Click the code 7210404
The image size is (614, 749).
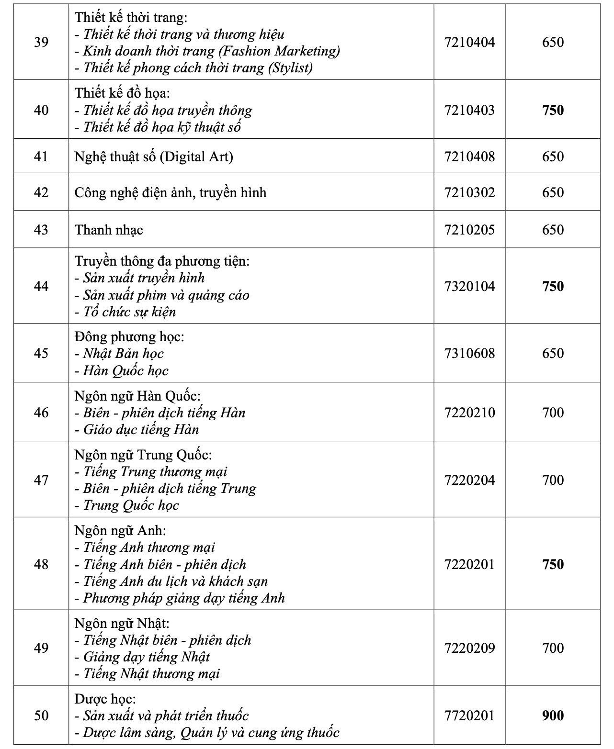[x=469, y=42]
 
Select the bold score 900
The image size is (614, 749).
[x=553, y=715]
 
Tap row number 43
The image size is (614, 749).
[x=41, y=230]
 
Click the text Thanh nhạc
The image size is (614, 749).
[x=109, y=230]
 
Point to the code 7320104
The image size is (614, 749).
[x=469, y=286]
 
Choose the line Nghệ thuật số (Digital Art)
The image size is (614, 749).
[x=154, y=157]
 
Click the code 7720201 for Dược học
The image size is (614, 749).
[x=469, y=715]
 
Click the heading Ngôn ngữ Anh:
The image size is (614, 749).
[x=120, y=530]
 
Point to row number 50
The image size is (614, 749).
[x=41, y=715]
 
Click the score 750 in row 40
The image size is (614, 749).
[x=553, y=110]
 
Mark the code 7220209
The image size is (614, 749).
[x=469, y=648]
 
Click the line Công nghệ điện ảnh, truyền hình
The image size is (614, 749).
[x=171, y=192]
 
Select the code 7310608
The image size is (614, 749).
[x=469, y=353]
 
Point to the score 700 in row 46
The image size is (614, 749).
[x=553, y=413]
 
